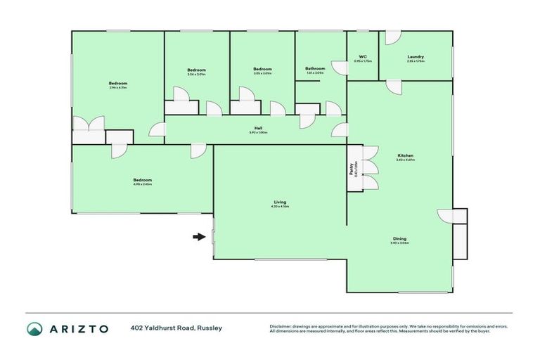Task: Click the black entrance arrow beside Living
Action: point(198,237)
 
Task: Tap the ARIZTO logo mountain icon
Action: point(34,328)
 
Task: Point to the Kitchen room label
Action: point(405,155)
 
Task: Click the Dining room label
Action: point(399,238)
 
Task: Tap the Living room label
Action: point(280,202)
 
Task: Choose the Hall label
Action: point(259,127)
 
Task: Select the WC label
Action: point(363,56)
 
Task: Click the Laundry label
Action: point(416,56)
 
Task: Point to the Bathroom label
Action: point(314,68)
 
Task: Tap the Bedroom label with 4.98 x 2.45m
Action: point(142,180)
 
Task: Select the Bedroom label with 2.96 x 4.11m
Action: point(118,83)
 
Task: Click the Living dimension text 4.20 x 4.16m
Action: point(280,207)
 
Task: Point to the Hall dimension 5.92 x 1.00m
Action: point(259,133)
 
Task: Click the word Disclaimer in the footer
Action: point(283,326)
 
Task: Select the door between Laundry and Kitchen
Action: point(393,86)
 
